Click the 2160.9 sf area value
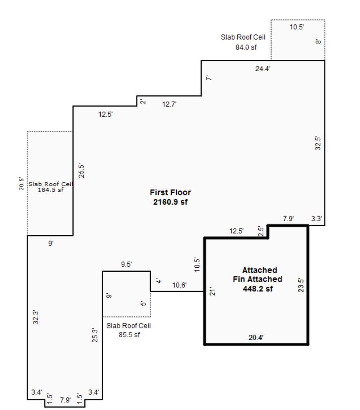170,202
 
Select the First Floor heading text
170,192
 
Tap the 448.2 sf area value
257,289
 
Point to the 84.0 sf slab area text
246,47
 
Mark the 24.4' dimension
263,69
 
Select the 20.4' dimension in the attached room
256,338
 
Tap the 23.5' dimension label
301,285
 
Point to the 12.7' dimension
169,104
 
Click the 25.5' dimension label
81,171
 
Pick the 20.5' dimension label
22,183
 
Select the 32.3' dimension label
36,317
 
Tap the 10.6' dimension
179,285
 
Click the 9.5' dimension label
126,264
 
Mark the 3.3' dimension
316,219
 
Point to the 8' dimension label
318,41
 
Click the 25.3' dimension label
95,335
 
